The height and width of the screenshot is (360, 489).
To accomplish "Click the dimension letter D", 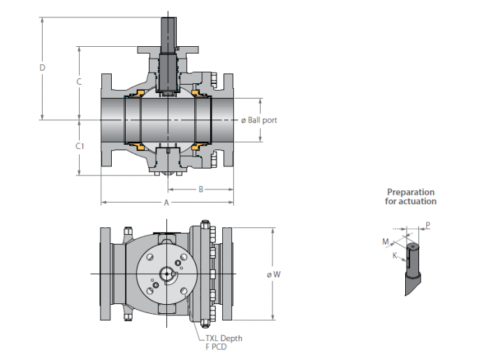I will [42, 68].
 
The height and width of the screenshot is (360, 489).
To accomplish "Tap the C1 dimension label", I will [80, 147].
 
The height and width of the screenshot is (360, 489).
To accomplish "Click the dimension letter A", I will [166, 203].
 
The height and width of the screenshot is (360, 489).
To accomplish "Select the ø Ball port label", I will [259, 120].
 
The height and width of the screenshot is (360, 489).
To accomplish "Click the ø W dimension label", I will [273, 275].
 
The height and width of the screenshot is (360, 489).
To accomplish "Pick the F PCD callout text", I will [217, 346].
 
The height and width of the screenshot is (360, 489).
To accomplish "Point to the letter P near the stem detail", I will [428, 226].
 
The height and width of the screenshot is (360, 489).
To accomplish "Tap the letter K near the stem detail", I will [395, 256].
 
